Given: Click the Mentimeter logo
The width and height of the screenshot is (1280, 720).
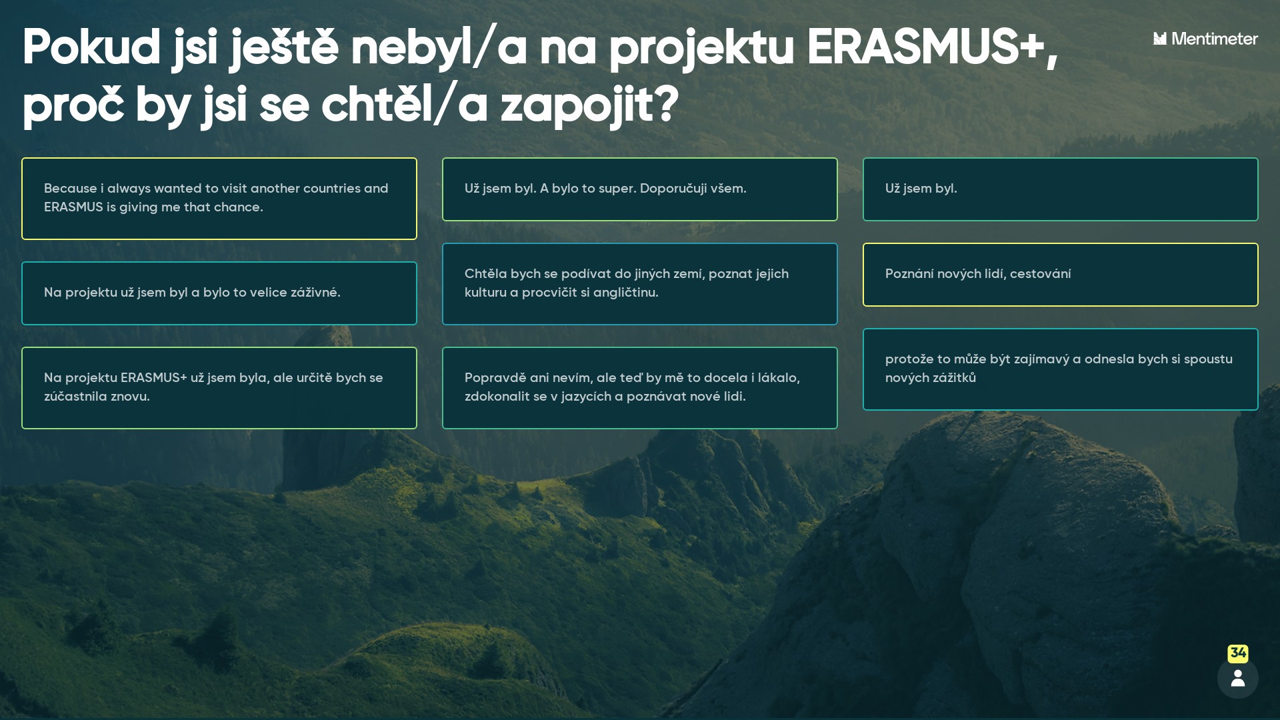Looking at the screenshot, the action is pos(1205,39).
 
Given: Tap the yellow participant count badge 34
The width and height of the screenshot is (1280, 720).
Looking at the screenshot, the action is pos(1238,653).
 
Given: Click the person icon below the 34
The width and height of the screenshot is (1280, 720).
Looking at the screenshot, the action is pos(1238,678).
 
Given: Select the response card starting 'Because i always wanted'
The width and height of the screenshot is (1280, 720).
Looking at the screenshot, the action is pos(219,199).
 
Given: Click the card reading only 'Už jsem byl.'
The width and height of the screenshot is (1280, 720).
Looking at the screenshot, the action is pos(1061,189).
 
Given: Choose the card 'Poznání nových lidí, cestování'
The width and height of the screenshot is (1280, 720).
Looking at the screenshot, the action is pos(1061,275).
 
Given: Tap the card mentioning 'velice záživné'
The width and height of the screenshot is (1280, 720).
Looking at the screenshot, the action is pos(219,293).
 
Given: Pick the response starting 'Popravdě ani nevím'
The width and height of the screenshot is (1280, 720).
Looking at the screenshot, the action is pos(640,388).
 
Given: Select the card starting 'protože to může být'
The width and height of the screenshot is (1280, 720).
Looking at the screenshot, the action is pos(1061,369).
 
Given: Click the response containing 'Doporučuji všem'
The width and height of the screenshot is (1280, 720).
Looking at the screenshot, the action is pos(640,189).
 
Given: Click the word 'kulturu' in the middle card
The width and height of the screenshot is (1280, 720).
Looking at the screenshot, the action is pos(485,293).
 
